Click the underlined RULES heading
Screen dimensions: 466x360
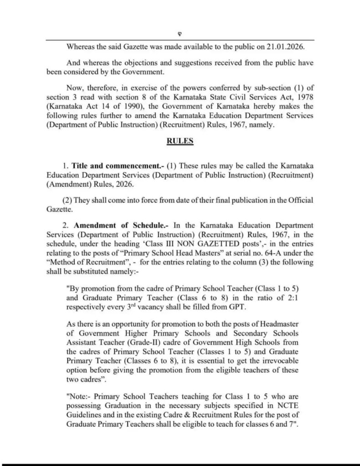pyautogui.click(x=180, y=141)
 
